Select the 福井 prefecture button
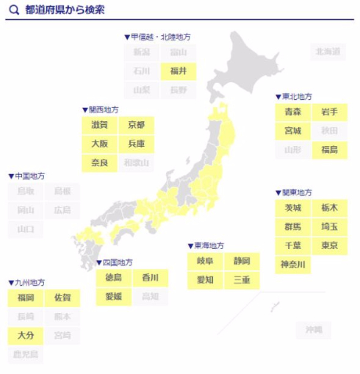click(178, 71)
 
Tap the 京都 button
click(136, 125)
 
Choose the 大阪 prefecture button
click(99, 143)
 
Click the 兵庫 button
click(136, 143)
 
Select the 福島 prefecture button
click(329, 150)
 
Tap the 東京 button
click(329, 245)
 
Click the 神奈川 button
click(292, 265)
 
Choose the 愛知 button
click(205, 279)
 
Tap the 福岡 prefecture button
click(26, 298)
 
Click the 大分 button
click(26, 336)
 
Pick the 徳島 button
click(113, 278)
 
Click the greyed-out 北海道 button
click(328, 51)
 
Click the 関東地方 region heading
click(293, 193)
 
